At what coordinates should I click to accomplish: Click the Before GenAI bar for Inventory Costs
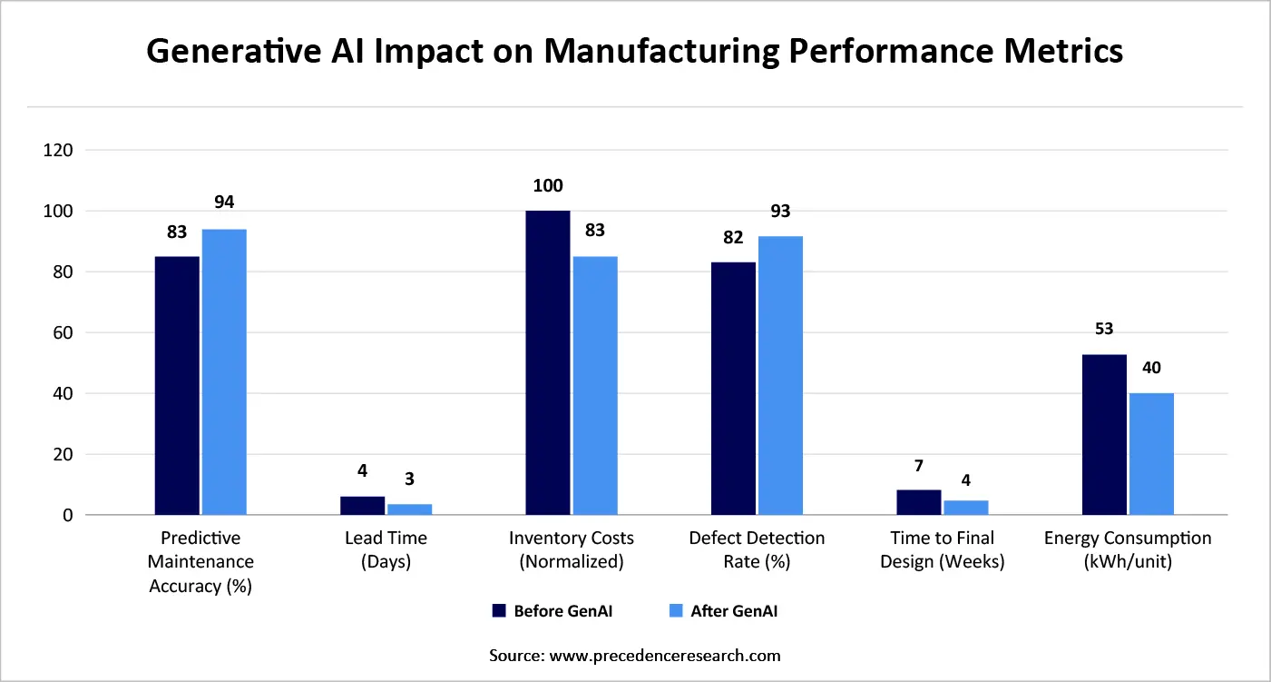click(547, 363)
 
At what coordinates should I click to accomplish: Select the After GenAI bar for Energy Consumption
click(1151, 454)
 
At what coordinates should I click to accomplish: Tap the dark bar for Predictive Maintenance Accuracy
click(177, 386)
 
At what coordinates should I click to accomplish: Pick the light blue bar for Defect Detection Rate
click(780, 376)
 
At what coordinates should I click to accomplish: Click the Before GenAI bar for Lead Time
click(362, 506)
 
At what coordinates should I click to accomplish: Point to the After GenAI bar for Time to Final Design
click(965, 508)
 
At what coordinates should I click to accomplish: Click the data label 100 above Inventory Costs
click(548, 186)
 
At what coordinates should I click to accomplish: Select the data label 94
click(224, 202)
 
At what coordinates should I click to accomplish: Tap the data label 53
click(1104, 329)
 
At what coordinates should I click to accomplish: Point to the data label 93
click(780, 211)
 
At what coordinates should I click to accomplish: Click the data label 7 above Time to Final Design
click(918, 466)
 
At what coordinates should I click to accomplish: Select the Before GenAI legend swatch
click(498, 611)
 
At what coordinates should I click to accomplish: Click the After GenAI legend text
click(734, 611)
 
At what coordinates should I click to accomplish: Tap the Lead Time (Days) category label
click(386, 549)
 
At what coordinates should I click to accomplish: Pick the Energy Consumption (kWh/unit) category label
click(1127, 549)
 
